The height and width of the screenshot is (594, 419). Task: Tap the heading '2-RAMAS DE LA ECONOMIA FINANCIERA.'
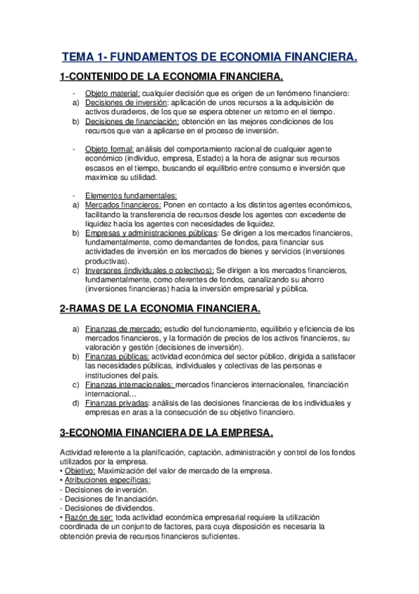(160, 308)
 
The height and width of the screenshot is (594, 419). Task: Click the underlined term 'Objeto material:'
(113, 94)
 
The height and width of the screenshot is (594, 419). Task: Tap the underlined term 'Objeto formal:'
(110, 148)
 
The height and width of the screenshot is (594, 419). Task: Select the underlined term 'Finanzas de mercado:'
(123, 329)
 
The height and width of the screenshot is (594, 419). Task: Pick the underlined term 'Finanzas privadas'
(116, 403)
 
